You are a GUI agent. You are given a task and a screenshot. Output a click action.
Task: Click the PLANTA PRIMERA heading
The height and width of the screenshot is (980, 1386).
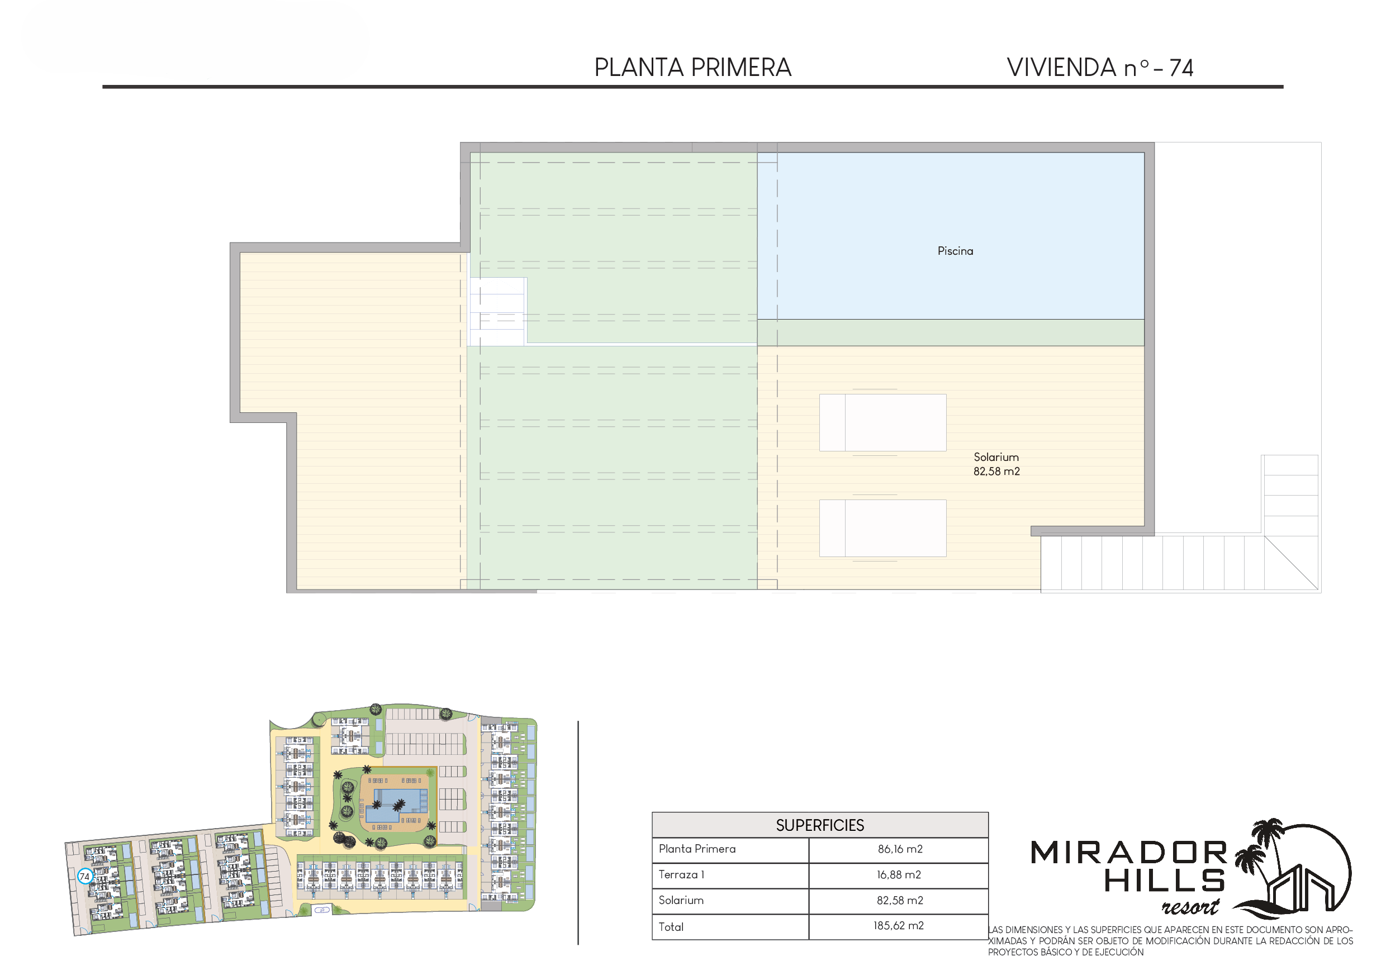click(692, 67)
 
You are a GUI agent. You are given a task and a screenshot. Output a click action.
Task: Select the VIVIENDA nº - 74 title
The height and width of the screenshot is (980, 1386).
click(1100, 68)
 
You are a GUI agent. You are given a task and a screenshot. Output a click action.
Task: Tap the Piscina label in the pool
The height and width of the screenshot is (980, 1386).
click(955, 251)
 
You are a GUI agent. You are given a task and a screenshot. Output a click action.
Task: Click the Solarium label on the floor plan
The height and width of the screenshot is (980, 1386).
click(996, 458)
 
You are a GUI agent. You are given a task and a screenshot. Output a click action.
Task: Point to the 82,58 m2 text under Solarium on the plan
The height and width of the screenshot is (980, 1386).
click(996, 472)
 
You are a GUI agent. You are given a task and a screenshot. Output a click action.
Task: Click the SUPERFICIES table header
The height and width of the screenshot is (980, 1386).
click(820, 826)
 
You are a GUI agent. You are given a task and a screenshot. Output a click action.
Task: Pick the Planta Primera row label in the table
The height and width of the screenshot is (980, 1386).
click(697, 849)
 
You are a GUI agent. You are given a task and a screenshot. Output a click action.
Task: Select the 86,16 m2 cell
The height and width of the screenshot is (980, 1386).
click(900, 850)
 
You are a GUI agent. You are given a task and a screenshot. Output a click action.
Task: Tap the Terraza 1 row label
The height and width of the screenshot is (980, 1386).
click(681, 875)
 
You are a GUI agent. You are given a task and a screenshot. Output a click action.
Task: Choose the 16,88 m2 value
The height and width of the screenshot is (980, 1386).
click(899, 875)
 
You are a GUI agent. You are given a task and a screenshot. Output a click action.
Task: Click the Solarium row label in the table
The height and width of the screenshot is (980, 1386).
click(681, 900)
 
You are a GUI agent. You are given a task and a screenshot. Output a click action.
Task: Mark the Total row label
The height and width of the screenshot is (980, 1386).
click(671, 927)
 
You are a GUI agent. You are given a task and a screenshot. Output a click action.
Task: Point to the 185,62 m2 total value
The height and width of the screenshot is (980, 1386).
click(898, 926)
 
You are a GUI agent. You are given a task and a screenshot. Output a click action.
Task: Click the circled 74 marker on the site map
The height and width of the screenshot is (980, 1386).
click(84, 877)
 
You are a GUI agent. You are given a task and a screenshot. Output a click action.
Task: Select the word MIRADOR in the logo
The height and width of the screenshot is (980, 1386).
click(1129, 853)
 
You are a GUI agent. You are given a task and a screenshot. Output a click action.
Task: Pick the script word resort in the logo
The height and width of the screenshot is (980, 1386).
click(1190, 907)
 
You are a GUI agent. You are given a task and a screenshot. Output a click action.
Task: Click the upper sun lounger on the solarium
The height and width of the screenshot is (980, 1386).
click(882, 422)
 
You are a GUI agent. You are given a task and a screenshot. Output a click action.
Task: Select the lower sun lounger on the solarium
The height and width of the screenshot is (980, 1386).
click(882, 528)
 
